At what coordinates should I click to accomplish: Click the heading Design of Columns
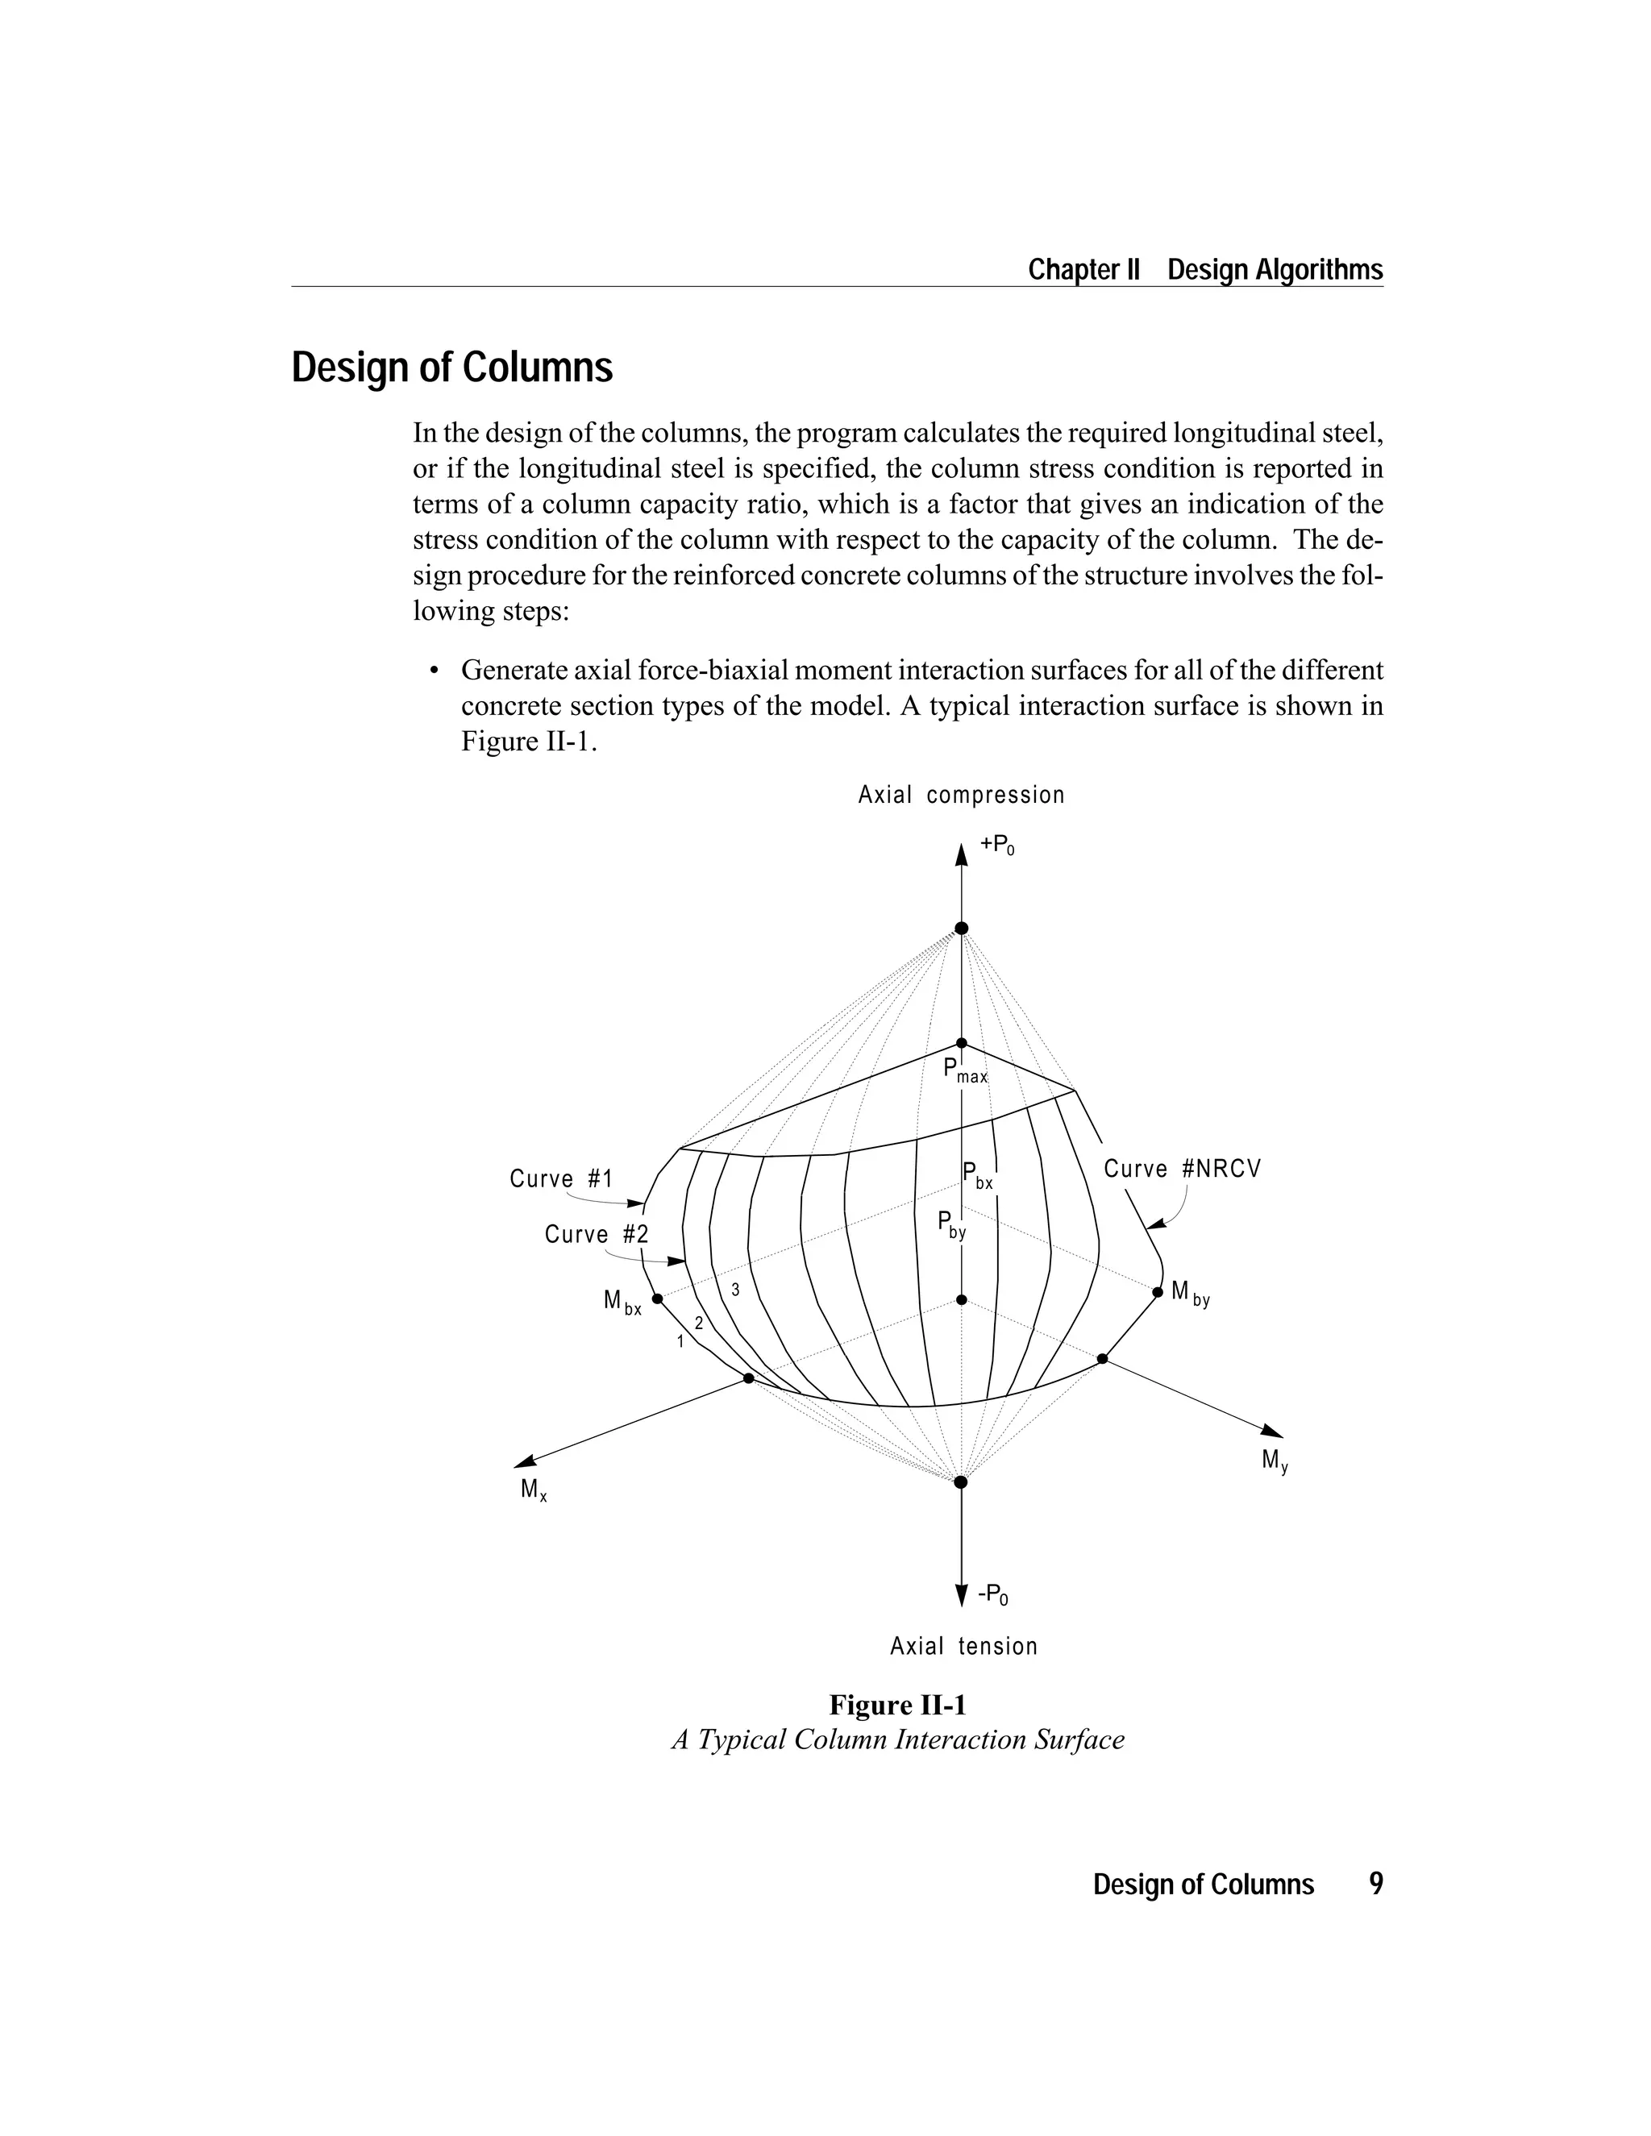[x=452, y=368]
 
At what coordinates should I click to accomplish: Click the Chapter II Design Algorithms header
[x=1205, y=270]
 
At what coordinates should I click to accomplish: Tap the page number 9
[x=1375, y=1884]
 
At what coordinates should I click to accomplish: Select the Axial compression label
[x=960, y=795]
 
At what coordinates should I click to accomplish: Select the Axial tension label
[x=963, y=1646]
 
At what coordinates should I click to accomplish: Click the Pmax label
[x=964, y=1071]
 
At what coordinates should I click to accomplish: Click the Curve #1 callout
[x=560, y=1178]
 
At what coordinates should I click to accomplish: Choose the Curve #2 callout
[x=596, y=1234]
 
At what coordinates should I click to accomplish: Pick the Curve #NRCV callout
[x=1183, y=1169]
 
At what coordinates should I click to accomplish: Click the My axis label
[x=1275, y=1461]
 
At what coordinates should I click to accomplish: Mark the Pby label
[x=950, y=1224]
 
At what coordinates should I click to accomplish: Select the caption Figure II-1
[x=897, y=1705]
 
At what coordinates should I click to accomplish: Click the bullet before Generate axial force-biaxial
[x=433, y=671]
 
